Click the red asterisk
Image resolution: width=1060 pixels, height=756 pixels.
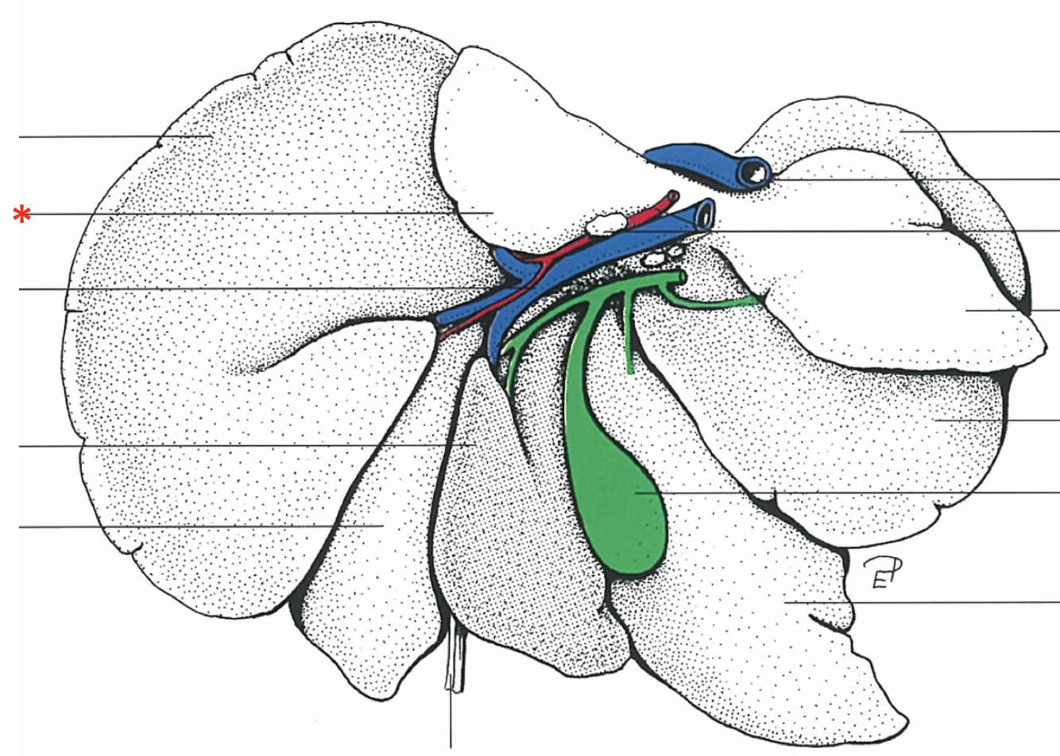(23, 214)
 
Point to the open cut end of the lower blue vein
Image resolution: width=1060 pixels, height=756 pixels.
(704, 212)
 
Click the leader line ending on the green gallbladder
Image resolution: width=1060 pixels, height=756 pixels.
(874, 493)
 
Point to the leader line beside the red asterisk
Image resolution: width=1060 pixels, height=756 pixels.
(238, 213)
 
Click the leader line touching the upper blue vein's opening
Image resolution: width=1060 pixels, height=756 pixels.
(914, 180)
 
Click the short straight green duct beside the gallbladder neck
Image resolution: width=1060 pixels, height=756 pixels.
(629, 342)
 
